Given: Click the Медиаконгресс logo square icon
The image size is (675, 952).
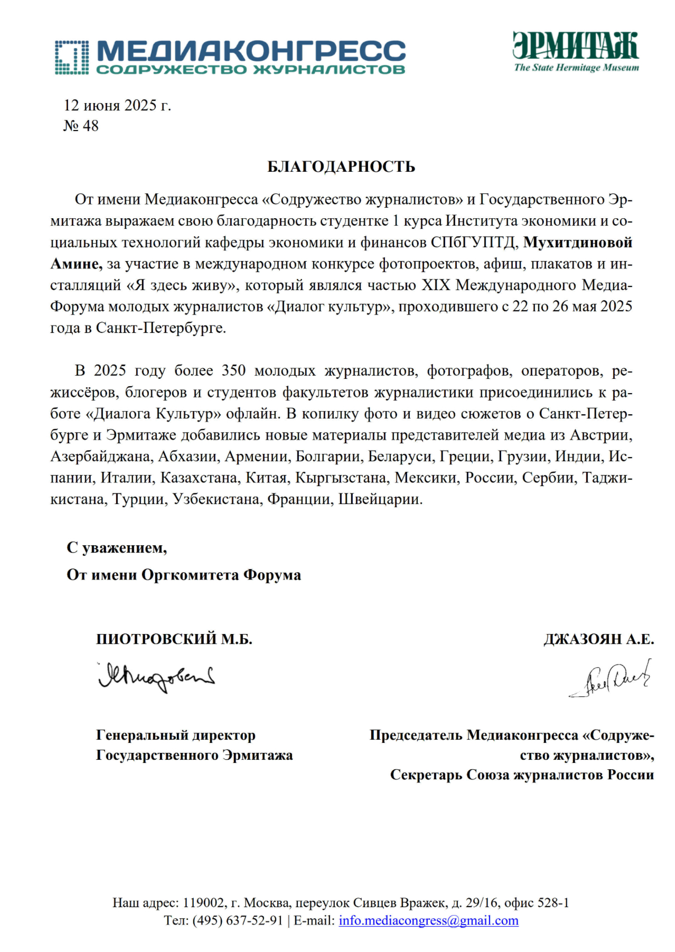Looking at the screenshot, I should point(71,57).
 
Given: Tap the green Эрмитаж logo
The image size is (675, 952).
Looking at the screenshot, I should point(576,46).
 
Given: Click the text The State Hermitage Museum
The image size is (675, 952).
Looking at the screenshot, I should point(576,68).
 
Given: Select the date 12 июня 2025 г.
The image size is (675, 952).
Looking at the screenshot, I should point(117,106).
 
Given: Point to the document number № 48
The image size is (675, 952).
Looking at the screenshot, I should point(81,126).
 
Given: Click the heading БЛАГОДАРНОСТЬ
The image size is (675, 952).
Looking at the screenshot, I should point(341,167).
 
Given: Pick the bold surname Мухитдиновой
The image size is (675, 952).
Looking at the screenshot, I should point(577,242).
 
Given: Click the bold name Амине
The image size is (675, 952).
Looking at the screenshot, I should point(76,264).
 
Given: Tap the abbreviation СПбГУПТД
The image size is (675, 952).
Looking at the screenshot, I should point(473,242).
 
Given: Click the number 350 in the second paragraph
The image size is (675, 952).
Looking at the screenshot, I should point(233,371).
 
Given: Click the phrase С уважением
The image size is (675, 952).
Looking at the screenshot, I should point(117,548).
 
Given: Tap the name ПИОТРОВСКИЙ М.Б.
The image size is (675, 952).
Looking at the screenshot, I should point(174,639).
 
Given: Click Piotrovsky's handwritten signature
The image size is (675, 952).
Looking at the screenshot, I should point(156,677).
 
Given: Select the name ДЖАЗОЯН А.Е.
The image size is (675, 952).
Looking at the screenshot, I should point(598,639).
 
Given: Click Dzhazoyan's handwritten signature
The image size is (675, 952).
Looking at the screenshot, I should point(610,679).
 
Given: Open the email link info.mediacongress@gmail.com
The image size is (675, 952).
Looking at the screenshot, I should point(428,920).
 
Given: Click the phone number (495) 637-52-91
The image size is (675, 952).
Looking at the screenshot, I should point(238,920).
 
